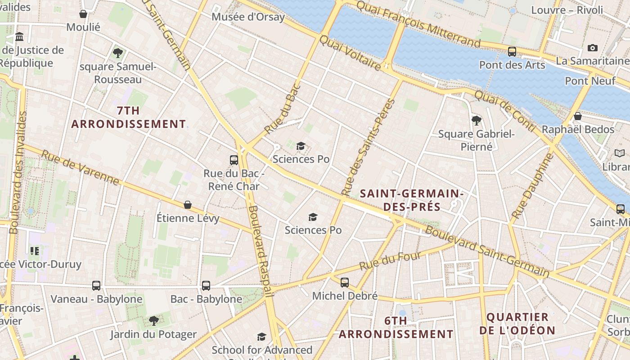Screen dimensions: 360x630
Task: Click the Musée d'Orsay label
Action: (248, 17)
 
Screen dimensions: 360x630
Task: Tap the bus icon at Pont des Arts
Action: (512, 51)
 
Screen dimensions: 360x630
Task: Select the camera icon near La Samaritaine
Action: (593, 48)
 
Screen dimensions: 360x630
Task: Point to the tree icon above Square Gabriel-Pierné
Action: (477, 120)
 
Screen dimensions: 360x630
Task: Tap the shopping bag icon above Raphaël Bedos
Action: (578, 117)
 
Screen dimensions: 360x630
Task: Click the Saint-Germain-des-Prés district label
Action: (412, 200)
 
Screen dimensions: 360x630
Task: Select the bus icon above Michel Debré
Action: (344, 282)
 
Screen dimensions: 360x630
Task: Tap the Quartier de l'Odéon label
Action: (517, 324)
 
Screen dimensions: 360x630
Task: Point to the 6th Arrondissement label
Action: (396, 327)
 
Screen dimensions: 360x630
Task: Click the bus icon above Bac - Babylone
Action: (206, 285)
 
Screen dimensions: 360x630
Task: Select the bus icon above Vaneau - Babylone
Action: (96, 285)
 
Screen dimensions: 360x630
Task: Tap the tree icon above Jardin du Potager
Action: (153, 320)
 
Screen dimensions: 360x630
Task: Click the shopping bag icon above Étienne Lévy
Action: (188, 205)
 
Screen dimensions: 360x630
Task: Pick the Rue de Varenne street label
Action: (81, 168)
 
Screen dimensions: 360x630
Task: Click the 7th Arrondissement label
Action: (128, 117)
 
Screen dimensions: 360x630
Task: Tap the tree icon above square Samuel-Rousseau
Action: (118, 53)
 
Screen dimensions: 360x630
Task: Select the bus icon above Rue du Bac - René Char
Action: (234, 160)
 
